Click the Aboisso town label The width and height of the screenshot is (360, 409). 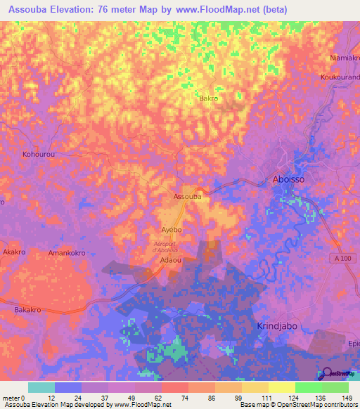pyautogui.click(x=289, y=180)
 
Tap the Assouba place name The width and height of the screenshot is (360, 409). pyautogui.click(x=188, y=197)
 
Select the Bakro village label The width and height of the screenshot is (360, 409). pyautogui.click(x=209, y=99)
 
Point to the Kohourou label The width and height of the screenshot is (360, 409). pyautogui.click(x=39, y=153)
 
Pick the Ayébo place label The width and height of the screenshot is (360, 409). pyautogui.click(x=172, y=230)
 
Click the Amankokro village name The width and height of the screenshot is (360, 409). pyautogui.click(x=67, y=252)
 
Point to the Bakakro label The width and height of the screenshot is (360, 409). pyautogui.click(x=31, y=309)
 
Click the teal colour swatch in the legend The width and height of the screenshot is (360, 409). pyautogui.click(x=41, y=387)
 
